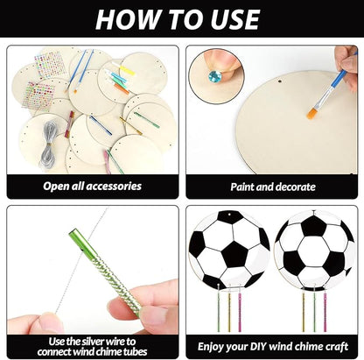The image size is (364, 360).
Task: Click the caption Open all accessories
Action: pyautogui.click(x=91, y=186)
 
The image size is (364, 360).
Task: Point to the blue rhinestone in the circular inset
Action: pyautogui.click(x=214, y=76)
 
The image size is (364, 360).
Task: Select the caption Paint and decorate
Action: pyautogui.click(x=272, y=186)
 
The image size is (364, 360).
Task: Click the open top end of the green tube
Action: pyautogui.click(x=77, y=235)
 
